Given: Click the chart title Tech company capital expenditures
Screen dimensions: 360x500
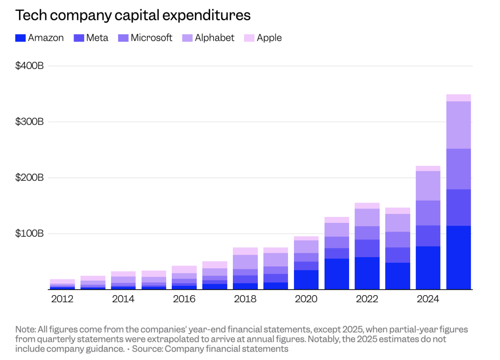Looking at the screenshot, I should (133, 15).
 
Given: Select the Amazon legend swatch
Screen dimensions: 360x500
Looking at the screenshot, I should (20, 38).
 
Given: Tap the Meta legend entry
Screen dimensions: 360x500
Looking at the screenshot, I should (91, 38).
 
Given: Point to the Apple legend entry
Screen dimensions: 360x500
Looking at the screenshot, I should (263, 38).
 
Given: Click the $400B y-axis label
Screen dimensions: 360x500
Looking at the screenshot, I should (30, 66).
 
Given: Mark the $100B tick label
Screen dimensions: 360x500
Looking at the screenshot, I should (30, 233).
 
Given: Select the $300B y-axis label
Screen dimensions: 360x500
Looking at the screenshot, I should (30, 122).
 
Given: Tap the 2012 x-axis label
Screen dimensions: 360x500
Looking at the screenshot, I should (62, 299).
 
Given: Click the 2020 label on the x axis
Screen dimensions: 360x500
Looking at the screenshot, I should (306, 299).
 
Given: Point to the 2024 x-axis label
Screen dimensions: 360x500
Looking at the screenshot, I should (428, 299).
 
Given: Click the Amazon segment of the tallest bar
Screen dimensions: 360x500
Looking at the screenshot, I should (458, 257).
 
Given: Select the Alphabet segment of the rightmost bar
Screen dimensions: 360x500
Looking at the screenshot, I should (458, 125).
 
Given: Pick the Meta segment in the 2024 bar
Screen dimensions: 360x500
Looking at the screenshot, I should (428, 236).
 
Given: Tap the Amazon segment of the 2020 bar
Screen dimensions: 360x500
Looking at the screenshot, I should (306, 279).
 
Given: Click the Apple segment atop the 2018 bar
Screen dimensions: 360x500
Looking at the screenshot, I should (245, 251).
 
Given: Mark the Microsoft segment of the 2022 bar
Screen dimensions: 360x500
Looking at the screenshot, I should (367, 233).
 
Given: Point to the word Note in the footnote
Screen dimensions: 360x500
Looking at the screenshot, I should (24, 329).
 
